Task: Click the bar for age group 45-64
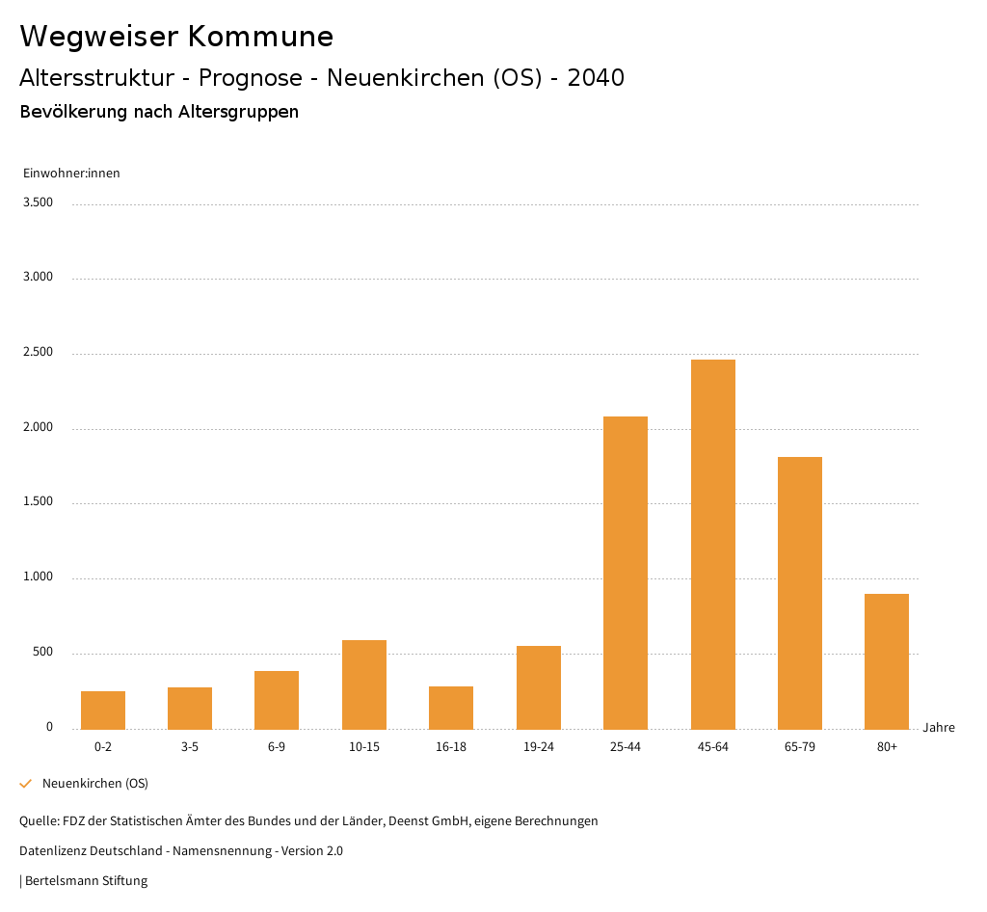[x=712, y=544]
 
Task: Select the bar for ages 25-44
[x=626, y=573]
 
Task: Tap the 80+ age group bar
[x=887, y=661]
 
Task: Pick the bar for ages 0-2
[x=103, y=710]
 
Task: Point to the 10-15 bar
[x=364, y=684]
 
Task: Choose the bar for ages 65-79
[x=800, y=593]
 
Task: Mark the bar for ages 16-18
[x=451, y=708]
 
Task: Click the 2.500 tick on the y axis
[x=38, y=353]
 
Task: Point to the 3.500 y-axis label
[x=38, y=202]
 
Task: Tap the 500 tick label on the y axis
[x=42, y=653]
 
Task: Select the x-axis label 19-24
[x=538, y=747]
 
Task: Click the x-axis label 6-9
[x=277, y=747]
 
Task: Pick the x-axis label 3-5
[x=190, y=747]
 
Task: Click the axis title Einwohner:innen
[x=71, y=174]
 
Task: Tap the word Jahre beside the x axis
[x=938, y=728]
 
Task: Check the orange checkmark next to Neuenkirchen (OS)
[x=26, y=784]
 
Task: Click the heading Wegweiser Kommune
[x=176, y=37]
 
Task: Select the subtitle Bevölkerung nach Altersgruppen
[x=159, y=112]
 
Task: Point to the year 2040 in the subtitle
[x=596, y=78]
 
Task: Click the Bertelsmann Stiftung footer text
[x=86, y=881]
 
